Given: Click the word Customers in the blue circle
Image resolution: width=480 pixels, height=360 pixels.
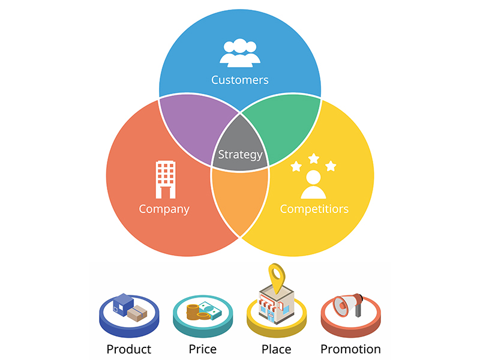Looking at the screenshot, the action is coord(239,80).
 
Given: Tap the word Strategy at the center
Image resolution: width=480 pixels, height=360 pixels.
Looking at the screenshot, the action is coord(241,155).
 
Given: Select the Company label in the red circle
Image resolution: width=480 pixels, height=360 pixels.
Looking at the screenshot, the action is coord(164,209).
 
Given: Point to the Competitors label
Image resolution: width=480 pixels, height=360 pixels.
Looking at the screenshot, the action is coord(314,209).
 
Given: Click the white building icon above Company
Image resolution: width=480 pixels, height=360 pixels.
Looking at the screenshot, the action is coord(166,179).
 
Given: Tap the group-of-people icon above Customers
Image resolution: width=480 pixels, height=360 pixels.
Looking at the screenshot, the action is coord(240,53).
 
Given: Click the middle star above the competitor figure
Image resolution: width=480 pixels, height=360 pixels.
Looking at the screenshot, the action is coord(313,158).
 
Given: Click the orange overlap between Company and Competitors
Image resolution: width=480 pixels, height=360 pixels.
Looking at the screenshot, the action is coord(240,199).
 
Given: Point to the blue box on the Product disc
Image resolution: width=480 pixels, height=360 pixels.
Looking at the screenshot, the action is coord(123,304).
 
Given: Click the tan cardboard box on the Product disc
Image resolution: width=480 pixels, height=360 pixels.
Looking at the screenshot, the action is coord(137,313).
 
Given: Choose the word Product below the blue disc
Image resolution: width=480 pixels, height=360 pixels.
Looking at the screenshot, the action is coord(129,349).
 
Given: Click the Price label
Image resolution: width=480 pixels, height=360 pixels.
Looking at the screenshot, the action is coord(203,349).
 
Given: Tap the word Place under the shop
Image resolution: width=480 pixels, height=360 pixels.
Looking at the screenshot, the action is coord(277,349).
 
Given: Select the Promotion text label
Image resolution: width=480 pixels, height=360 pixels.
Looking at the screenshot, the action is coord(350,349).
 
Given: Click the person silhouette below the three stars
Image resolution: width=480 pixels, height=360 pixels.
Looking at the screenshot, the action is coord(313,185).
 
